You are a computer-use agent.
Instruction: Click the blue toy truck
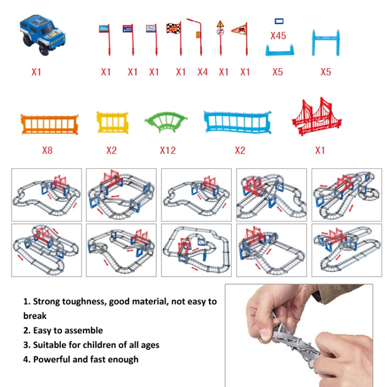tap(42, 35)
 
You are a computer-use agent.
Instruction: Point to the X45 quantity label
tap(278, 36)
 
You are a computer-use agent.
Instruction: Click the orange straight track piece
tap(50, 124)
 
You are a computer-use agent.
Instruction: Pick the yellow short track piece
tap(112, 122)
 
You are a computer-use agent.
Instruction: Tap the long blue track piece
tap(237, 122)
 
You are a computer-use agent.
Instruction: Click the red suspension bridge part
tap(317, 117)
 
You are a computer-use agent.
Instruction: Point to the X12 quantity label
tap(168, 150)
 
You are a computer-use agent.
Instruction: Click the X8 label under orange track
tap(47, 150)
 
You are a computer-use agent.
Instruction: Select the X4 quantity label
tap(202, 72)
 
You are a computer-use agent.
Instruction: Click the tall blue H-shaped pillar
tap(326, 42)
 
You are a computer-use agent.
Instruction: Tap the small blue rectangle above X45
tap(279, 21)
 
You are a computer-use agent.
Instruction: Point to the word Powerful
tap(52, 359)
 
